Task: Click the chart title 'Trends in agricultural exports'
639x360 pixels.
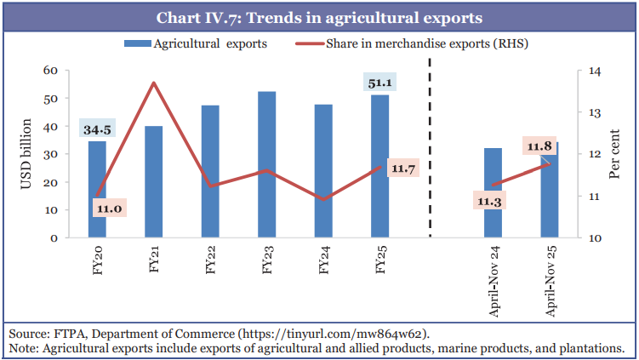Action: coord(319,16)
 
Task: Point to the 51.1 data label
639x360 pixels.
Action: coord(379,83)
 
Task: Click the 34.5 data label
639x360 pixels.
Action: coord(96,129)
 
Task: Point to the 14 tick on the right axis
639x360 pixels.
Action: coord(585,71)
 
